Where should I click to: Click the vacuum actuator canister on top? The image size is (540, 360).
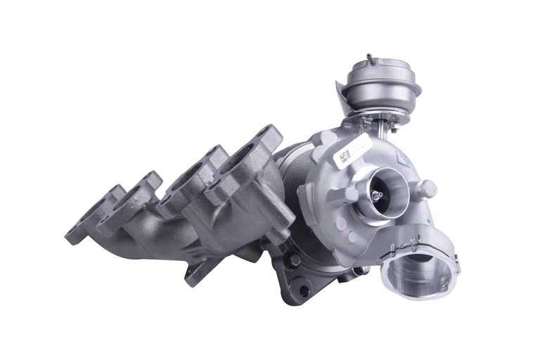click(x=383, y=83)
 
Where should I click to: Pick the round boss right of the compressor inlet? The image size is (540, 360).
click(x=426, y=188)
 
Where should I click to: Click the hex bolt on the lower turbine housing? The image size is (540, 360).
click(x=293, y=261)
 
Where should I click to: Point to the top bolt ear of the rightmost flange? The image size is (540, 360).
click(x=266, y=133)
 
